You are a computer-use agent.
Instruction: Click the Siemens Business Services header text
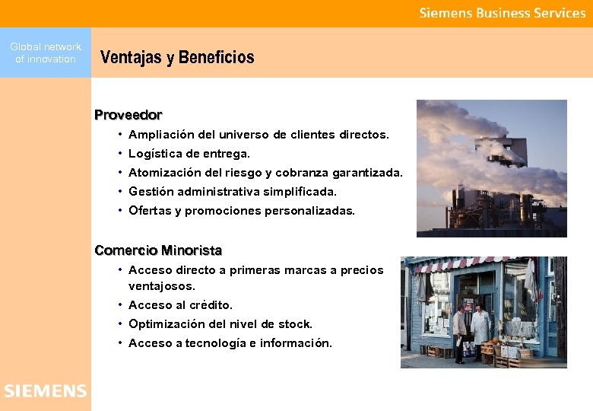503,13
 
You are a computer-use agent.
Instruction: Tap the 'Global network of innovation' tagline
46,53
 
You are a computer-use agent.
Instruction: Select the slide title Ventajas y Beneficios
177,57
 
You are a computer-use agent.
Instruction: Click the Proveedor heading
128,115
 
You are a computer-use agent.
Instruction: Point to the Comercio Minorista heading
158,250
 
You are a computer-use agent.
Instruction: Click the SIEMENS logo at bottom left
45,391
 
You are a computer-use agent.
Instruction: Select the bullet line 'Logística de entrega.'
189,154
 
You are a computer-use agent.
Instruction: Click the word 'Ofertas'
150,211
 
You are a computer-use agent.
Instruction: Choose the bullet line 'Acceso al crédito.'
181,305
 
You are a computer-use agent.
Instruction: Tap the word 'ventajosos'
160,287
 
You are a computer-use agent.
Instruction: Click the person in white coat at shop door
480,327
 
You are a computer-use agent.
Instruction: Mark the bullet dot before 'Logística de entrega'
121,154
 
